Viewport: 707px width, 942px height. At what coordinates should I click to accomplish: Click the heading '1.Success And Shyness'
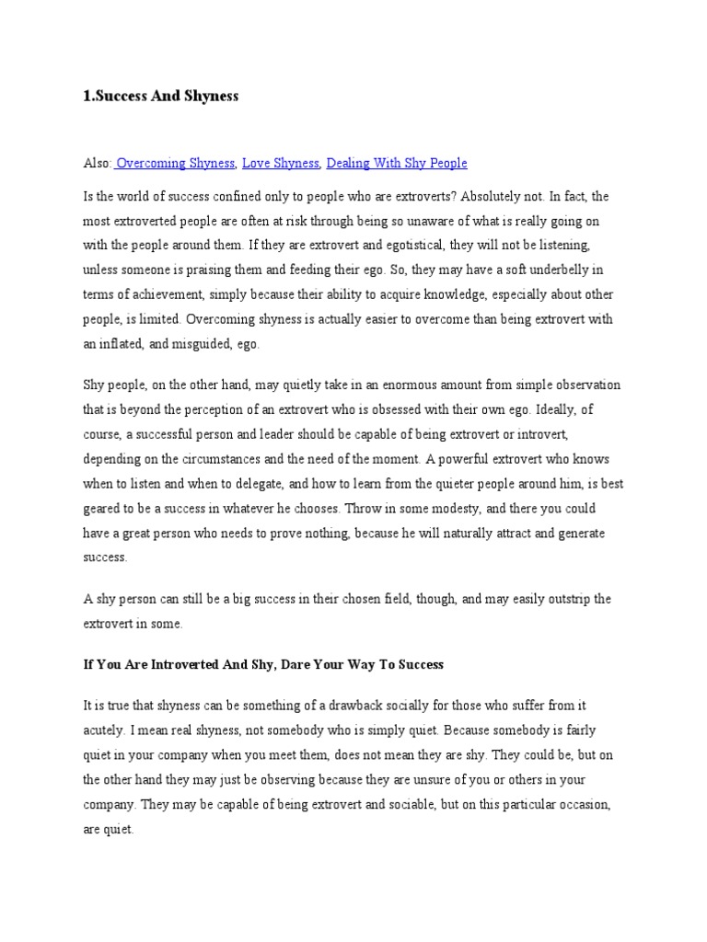click(x=161, y=97)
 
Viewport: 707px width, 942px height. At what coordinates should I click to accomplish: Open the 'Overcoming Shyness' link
click(x=176, y=163)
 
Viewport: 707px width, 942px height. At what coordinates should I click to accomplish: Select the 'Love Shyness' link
click(x=281, y=163)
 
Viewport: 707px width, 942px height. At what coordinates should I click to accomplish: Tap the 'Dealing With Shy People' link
click(x=397, y=163)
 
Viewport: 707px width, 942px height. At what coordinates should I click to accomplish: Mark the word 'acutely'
click(x=102, y=730)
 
